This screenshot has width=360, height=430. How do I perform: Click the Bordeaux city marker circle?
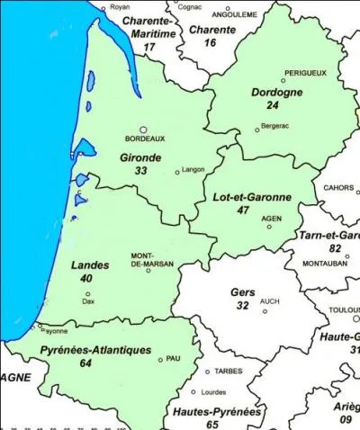click(x=142, y=129)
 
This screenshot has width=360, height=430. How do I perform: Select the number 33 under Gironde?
click(x=140, y=170)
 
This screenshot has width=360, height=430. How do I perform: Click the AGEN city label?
click(x=270, y=218)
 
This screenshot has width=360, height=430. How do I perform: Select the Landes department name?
click(x=89, y=265)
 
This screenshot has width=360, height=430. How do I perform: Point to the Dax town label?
click(x=88, y=301)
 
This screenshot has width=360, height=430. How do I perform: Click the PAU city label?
click(x=174, y=358)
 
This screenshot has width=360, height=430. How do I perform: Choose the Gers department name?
click(x=242, y=293)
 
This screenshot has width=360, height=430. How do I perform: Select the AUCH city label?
click(x=270, y=301)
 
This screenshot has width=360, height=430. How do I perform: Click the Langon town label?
click(x=193, y=170)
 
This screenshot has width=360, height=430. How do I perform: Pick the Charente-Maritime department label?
click(x=148, y=27)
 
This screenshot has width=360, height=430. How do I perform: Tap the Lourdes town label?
click(x=213, y=392)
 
